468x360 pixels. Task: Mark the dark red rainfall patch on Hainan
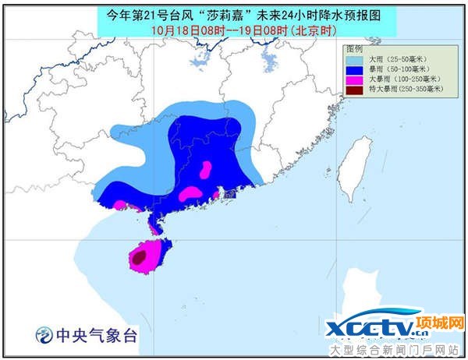point(139,255)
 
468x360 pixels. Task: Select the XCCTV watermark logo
point(374,327)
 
